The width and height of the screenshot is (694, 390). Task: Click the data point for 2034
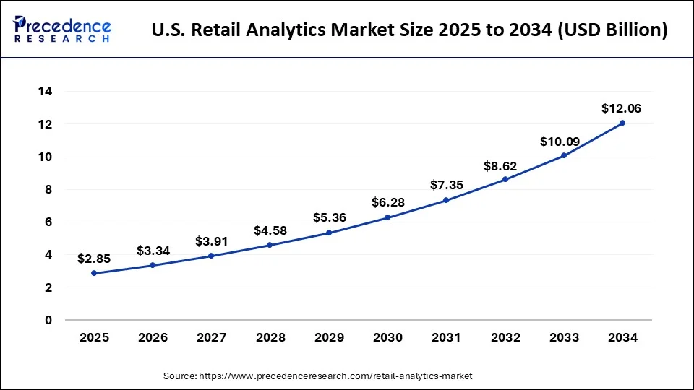622,123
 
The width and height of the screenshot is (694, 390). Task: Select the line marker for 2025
94,273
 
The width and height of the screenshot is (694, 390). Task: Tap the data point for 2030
387,217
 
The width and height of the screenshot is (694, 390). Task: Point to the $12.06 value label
622,109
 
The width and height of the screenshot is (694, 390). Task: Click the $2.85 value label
94,258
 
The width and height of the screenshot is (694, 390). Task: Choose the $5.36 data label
329,217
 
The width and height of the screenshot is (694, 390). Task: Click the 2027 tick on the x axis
211,337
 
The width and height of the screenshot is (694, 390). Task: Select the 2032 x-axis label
505,337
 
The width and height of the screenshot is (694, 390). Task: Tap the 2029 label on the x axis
329,337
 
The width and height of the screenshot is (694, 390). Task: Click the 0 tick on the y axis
48,320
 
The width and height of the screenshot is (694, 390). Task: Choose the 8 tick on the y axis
48,189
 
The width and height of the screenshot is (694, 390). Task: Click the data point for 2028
270,245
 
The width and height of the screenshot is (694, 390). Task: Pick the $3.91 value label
211,240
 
